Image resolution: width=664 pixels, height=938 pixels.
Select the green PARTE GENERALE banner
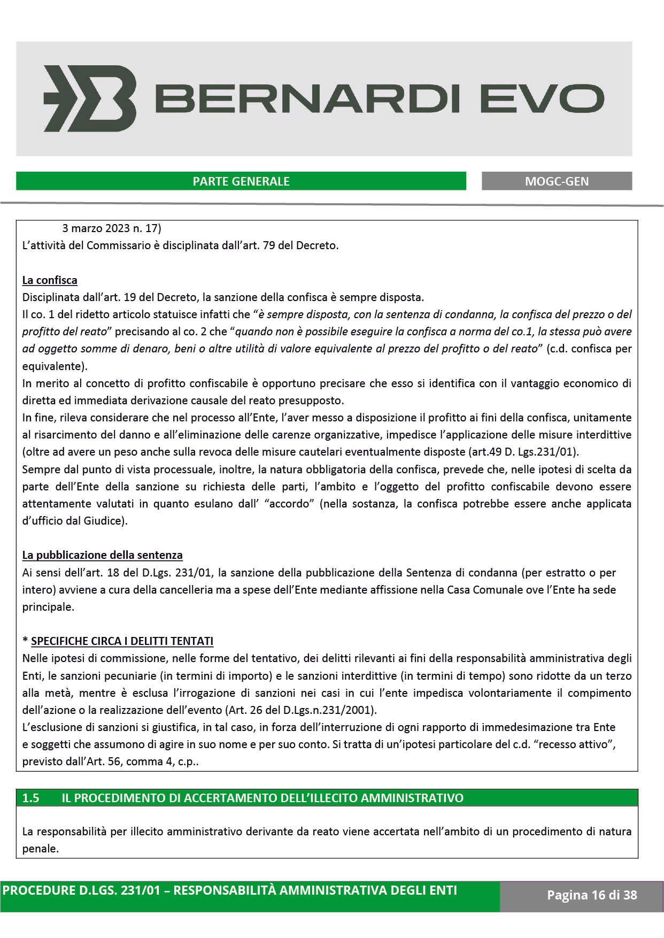click(x=241, y=181)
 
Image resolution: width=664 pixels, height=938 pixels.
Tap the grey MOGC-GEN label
click(x=557, y=181)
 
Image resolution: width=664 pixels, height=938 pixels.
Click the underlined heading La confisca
click(x=50, y=280)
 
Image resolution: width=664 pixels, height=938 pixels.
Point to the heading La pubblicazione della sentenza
click(x=102, y=555)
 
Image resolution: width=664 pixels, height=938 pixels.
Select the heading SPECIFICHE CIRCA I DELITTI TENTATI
click(x=122, y=641)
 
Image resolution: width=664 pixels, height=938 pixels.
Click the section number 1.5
click(x=31, y=798)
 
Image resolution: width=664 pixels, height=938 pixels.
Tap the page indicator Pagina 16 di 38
click(x=592, y=895)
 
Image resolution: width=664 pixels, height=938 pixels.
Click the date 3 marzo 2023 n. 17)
click(x=111, y=229)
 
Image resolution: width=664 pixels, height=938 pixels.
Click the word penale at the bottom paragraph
click(x=40, y=849)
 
